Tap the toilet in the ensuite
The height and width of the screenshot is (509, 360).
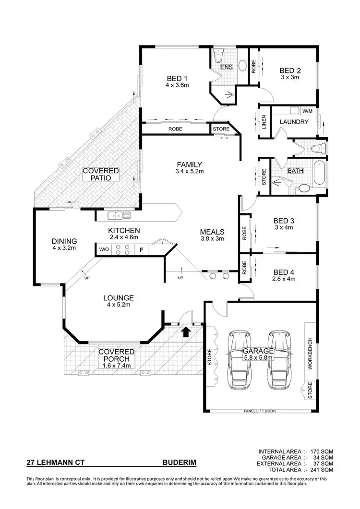(x=218, y=58)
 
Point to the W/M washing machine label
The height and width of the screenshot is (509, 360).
(x=307, y=111)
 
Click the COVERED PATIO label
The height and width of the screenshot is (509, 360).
(x=100, y=174)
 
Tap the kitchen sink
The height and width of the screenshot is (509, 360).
(x=119, y=215)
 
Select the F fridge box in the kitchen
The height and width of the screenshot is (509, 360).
(x=141, y=249)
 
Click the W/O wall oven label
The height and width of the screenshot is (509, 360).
(x=104, y=249)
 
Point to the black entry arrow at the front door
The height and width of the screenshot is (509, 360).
(x=186, y=331)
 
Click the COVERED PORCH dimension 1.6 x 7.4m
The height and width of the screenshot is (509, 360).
(x=116, y=366)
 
